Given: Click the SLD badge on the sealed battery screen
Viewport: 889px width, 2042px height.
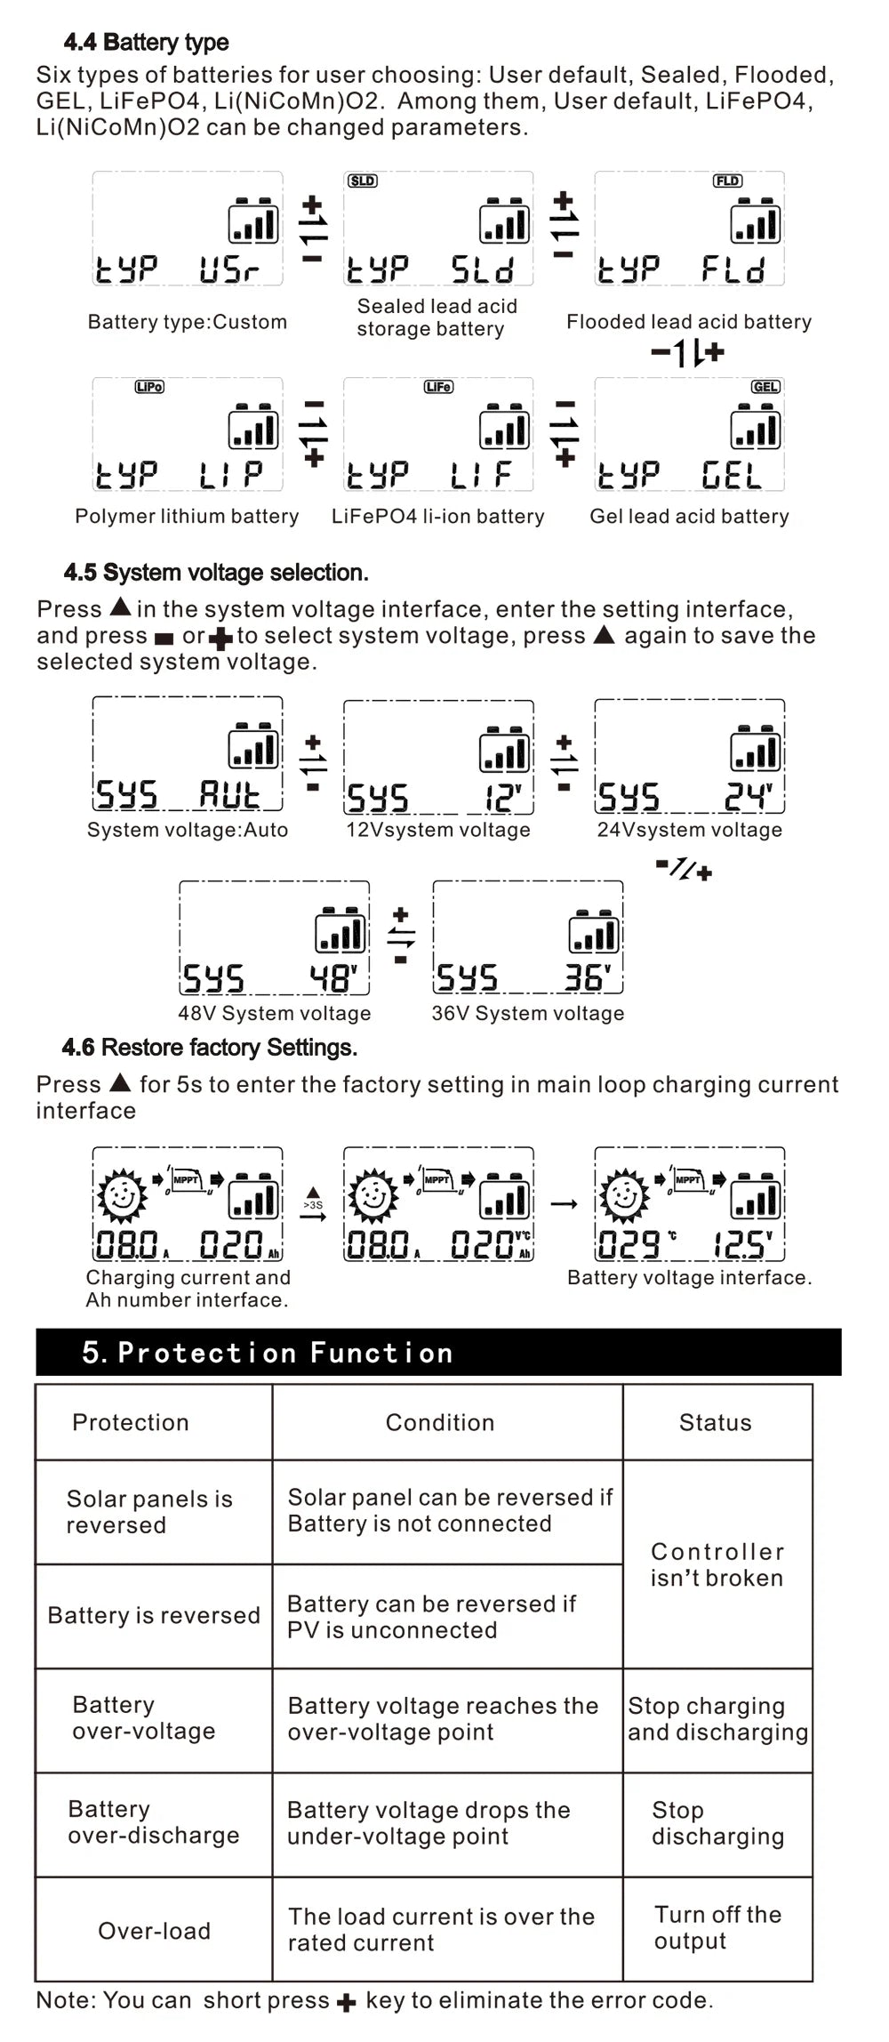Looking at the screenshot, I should pos(362,181).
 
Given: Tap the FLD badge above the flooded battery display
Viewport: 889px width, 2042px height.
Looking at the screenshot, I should pos(727,181).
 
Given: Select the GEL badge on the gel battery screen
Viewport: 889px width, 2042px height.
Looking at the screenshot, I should pos(765,387).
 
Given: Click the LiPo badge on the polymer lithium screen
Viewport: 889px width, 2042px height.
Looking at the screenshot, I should pos(149,387).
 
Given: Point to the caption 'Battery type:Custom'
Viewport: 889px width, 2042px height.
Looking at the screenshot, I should pos(188,322).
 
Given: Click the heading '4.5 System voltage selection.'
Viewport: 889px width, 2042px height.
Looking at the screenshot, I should pos(216,572).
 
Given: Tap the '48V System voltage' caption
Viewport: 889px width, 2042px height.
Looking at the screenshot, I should pos(274,1013).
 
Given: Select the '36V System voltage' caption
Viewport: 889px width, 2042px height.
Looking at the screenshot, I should pos(528,1013).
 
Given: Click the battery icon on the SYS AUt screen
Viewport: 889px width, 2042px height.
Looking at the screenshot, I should pos(253,747).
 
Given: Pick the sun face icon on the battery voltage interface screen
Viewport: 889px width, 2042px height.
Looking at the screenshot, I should pos(624,1195).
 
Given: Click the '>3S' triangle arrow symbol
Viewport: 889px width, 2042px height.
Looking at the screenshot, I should pos(313,1202).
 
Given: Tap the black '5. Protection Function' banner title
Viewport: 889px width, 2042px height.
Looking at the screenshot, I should pos(268,1353).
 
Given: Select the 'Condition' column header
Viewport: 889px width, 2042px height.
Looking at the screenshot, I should pos(440,1422).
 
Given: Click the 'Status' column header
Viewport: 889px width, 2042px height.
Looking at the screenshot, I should pos(716,1422).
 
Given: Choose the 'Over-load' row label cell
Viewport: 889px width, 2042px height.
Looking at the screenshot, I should pos(154,1931).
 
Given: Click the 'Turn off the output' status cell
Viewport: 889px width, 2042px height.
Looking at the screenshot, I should pos(717,1927).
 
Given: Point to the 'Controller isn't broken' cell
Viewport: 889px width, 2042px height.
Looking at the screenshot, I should pos(717,1564).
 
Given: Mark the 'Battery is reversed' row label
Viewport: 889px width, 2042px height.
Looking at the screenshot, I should pos(154,1615).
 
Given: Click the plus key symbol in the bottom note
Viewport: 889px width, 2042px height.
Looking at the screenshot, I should pos(347,2002).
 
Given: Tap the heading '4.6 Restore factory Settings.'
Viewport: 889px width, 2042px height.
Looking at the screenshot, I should pos(210,1047).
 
